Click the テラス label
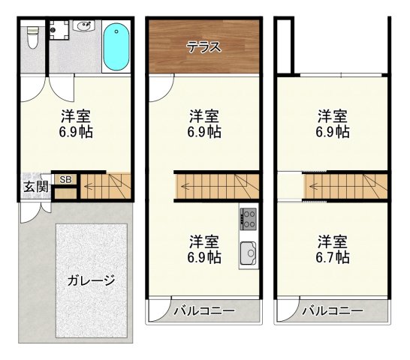click(204, 46)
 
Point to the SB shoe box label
click(65, 179)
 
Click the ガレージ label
click(92, 282)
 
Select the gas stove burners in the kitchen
click(249, 220)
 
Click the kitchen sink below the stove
click(249, 255)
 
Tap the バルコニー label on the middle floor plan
click(204, 310)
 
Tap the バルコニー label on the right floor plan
click(333, 310)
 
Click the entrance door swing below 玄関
click(28, 213)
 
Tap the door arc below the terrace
click(158, 88)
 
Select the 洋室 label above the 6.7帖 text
click(332, 241)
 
